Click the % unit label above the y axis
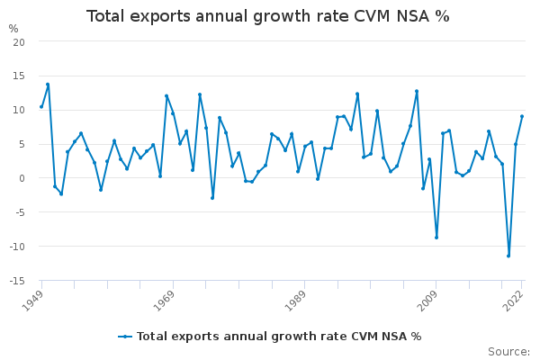13,29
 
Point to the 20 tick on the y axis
19,42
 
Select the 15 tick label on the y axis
19,76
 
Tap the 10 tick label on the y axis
19,111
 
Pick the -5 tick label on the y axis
19,212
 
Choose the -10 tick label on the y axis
17,247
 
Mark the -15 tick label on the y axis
17,281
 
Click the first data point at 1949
41,106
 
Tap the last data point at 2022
522,116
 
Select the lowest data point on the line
508,256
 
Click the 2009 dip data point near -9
436,237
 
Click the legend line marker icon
125,337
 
